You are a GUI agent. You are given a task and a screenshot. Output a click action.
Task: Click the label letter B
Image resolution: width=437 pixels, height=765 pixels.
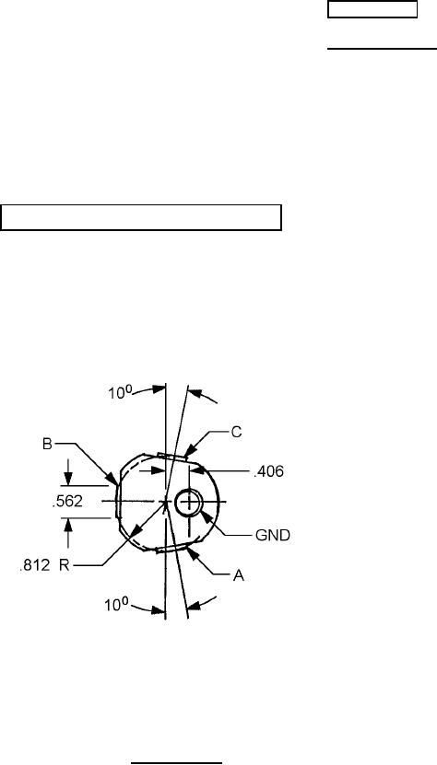47,445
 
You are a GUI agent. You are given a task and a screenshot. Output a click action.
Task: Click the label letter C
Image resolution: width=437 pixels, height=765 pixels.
236,433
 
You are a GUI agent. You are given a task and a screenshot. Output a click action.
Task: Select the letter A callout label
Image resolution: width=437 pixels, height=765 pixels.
238,576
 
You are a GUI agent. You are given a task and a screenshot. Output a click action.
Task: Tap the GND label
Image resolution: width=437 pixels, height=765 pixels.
273,536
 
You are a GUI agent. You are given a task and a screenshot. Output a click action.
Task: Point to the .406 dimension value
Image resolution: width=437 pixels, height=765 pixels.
268,471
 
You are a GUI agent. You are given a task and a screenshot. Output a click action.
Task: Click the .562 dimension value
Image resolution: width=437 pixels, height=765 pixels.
67,502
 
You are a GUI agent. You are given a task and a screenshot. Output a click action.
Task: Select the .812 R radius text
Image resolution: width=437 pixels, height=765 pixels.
44,566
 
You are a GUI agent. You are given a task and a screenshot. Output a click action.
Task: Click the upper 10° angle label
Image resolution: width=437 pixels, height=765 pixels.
119,392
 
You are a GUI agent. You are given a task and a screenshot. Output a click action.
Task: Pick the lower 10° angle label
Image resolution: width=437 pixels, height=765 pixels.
116,606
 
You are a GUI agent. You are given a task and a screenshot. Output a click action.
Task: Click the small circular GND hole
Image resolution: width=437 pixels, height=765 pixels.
188,503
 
